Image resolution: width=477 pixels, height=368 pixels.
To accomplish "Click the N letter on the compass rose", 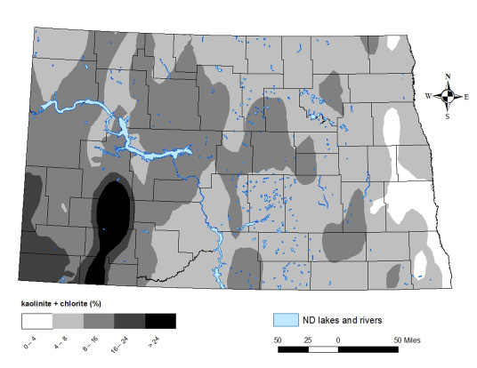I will click(449, 76).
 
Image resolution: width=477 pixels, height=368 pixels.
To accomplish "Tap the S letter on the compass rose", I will click(449, 116).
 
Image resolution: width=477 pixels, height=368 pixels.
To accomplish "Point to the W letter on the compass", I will click(428, 96).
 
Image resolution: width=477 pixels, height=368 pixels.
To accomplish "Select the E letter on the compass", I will click(468, 96).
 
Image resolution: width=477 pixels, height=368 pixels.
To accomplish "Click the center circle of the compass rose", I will click(449, 96).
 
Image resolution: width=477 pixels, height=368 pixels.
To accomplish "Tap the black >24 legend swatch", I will click(161, 320).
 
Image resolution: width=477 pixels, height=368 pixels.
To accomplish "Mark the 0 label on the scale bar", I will click(337, 340).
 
